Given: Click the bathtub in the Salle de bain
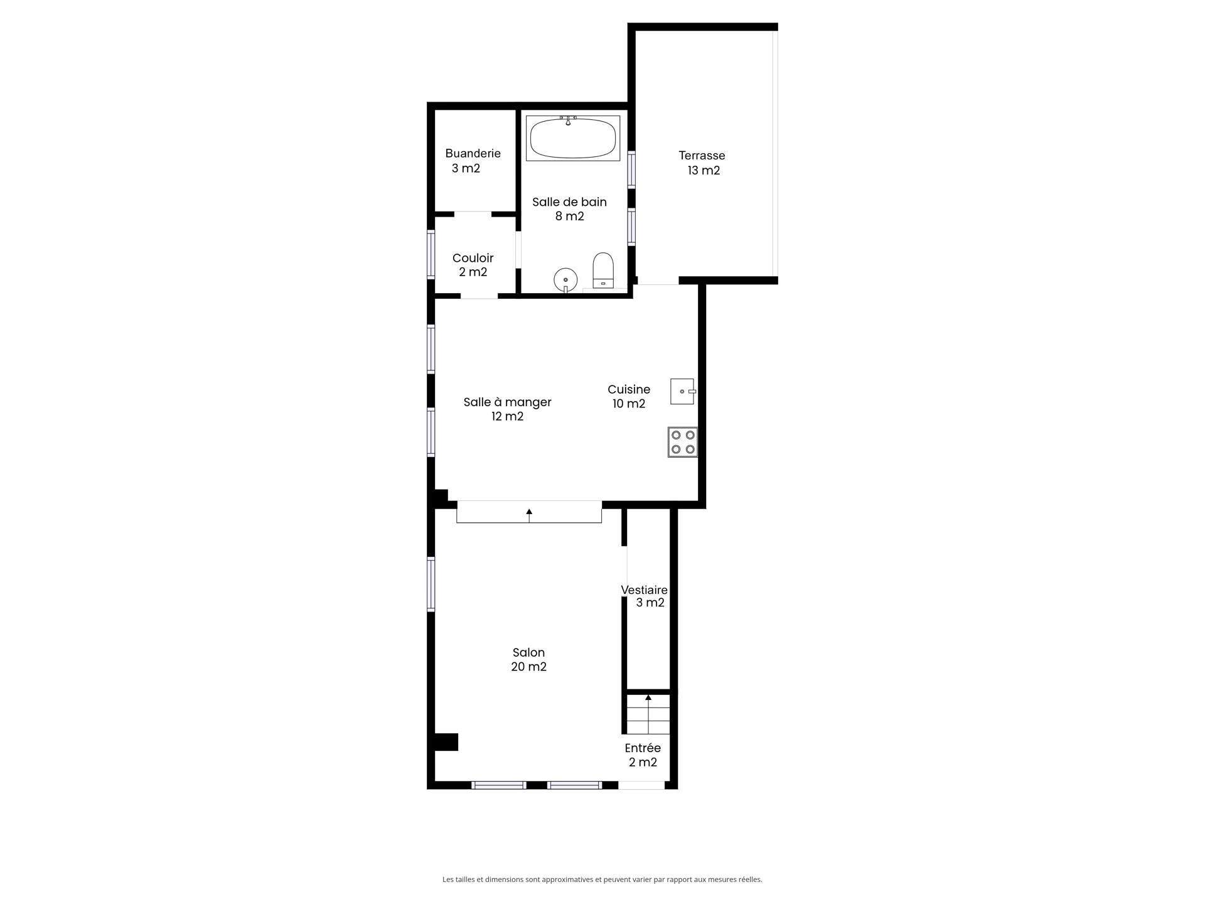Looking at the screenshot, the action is pos(572,138).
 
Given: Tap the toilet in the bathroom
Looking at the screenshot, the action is pos(603,271).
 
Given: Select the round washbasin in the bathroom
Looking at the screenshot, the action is pos(565,280).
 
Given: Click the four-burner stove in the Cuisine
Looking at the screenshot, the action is pos(683,442).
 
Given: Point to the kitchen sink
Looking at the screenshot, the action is pos(683,391).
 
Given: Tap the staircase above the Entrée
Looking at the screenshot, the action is pos(648,714).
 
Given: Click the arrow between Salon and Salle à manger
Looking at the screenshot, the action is pos(529,515).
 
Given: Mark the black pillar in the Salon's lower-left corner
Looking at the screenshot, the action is pos(446,742).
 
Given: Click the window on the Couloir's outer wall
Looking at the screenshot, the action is pos(431,254).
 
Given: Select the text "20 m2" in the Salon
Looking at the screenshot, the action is pos(528,667).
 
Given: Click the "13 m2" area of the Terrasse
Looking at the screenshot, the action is pos(704,170).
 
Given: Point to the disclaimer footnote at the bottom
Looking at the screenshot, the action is pos(602,880).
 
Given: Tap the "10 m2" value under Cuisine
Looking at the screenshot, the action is pos(629,404).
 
